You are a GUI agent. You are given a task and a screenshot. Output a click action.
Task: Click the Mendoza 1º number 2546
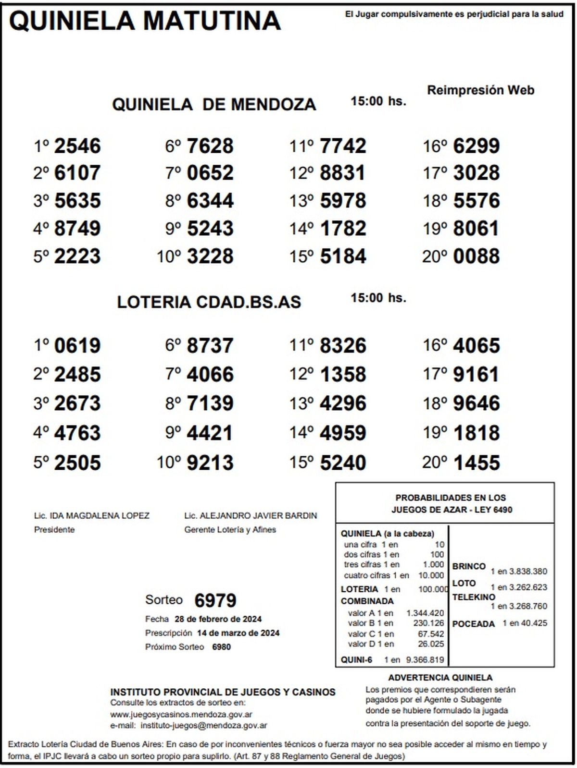point(77,146)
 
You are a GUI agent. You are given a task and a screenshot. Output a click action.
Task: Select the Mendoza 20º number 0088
point(476,256)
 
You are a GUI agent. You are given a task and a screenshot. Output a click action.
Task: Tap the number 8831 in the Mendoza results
point(342,173)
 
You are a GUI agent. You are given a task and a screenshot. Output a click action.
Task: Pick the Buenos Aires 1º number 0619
point(77,346)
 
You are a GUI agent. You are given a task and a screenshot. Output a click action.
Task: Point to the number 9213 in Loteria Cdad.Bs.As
point(210,463)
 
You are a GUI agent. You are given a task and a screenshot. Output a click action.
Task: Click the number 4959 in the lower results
point(342,433)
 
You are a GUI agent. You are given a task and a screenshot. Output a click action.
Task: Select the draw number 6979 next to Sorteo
point(215,600)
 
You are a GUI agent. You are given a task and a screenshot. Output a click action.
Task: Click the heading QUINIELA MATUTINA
point(145,21)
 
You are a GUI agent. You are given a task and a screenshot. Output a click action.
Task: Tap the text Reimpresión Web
point(480,90)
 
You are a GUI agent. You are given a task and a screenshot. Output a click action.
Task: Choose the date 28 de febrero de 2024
point(218,619)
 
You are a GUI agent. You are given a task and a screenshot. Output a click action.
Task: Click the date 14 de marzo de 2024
point(238,633)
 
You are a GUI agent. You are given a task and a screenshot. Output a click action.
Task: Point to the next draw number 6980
point(221,647)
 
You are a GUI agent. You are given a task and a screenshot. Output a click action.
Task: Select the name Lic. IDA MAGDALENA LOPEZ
point(92,516)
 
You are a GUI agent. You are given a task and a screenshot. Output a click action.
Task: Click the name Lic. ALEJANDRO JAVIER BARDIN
point(251,516)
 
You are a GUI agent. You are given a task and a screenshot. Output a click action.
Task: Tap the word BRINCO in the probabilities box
point(469,566)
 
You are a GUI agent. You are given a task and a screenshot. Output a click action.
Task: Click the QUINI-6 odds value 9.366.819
point(425,660)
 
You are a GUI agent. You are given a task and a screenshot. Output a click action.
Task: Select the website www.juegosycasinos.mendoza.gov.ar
point(181,715)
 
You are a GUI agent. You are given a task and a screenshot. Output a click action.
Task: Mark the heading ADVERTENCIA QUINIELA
point(440,678)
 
